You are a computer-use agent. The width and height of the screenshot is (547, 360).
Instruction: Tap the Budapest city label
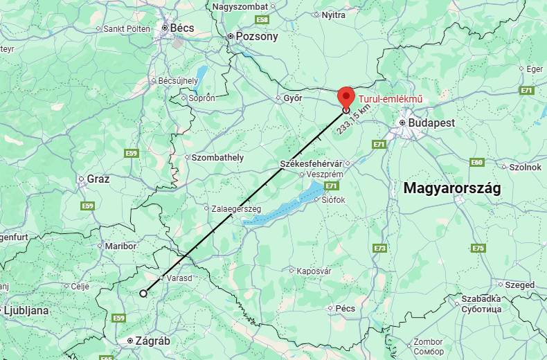pyautogui.click(x=431, y=123)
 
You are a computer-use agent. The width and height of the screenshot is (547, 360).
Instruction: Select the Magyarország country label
pyautogui.click(x=451, y=188)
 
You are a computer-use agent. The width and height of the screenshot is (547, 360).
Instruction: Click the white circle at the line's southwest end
pyautogui.click(x=143, y=294)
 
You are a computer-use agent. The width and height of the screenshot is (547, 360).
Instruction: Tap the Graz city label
pyautogui.click(x=98, y=179)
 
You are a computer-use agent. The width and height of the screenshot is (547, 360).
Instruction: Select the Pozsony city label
pyautogui.click(x=256, y=36)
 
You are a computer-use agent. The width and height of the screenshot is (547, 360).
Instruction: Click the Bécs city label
pyautogui.click(x=182, y=28)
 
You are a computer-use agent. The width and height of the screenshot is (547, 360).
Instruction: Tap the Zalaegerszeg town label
pyautogui.click(x=236, y=208)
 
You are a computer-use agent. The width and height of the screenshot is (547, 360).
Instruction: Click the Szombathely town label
pyautogui.click(x=217, y=157)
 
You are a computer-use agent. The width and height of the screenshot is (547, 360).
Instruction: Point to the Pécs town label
pyautogui.click(x=345, y=308)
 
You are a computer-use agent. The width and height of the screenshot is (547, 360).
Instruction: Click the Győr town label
pyautogui.click(x=293, y=98)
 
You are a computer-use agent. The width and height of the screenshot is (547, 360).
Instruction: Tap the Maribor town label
pyautogui.click(x=120, y=246)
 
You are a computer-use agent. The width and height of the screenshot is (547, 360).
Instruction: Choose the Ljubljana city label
pyautogui.click(x=26, y=311)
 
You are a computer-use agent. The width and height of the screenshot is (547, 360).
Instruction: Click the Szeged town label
pyautogui.click(x=520, y=285)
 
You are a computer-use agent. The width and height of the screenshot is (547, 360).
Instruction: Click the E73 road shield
pyautogui.click(x=379, y=248)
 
